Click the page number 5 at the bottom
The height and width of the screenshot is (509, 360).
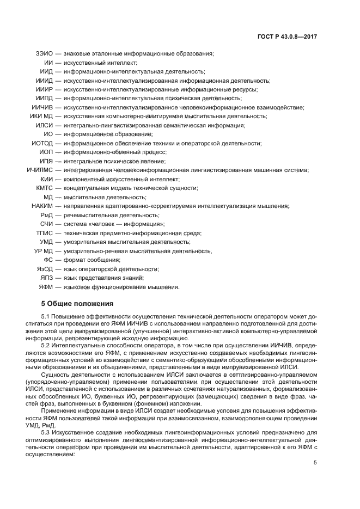point(315,462)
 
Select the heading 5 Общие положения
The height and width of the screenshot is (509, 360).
point(77,303)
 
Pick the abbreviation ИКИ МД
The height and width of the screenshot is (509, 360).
point(41,116)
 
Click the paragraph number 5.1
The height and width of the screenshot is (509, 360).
point(46,316)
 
